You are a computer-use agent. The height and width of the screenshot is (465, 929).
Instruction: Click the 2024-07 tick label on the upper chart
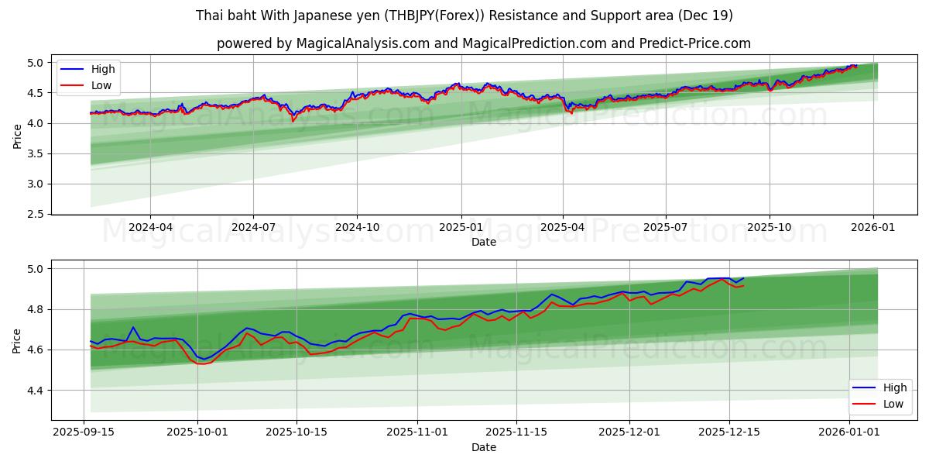(253, 228)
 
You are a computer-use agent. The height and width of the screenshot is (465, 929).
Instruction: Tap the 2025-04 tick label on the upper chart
(563, 228)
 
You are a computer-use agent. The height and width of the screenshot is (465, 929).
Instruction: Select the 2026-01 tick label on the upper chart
(873, 228)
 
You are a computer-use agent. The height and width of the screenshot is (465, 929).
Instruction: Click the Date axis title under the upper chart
(484, 242)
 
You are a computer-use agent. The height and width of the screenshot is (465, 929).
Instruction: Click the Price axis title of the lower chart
(17, 340)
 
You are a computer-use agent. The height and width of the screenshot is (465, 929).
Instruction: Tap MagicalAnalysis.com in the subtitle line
(363, 43)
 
